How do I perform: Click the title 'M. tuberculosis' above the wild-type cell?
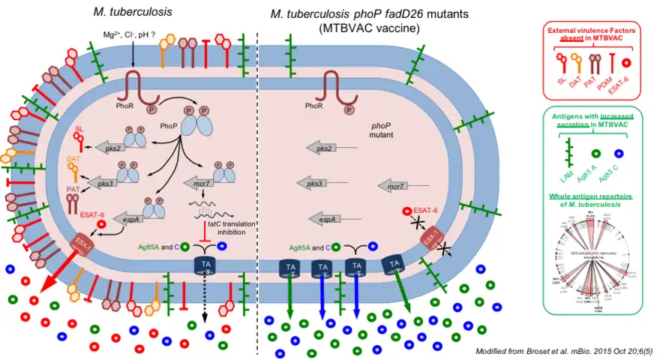(x=132, y=12)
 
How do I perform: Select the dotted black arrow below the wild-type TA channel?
(x=206, y=300)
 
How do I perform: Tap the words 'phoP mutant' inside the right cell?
(x=387, y=133)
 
